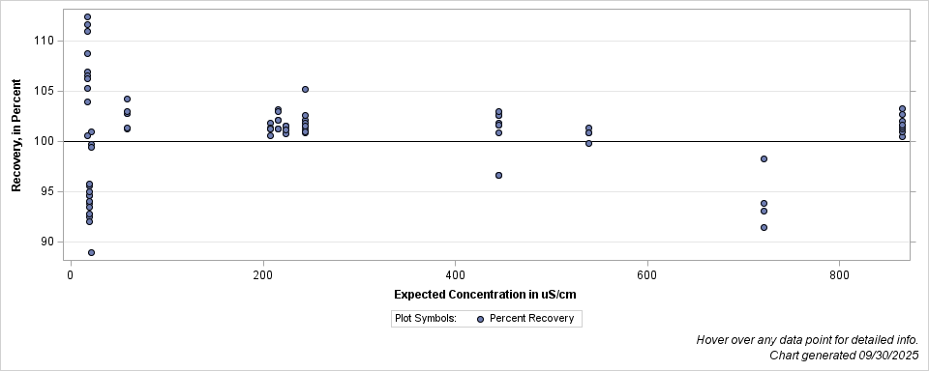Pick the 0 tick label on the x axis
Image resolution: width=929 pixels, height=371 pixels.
[x=70, y=274]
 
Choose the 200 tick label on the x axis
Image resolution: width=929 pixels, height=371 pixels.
[x=262, y=274]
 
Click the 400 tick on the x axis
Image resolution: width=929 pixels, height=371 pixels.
[x=455, y=274]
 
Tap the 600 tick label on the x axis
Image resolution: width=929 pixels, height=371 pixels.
[x=646, y=274]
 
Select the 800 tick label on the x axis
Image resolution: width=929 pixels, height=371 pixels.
[x=839, y=274]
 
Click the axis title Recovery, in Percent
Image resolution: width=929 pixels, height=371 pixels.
[x=16, y=135]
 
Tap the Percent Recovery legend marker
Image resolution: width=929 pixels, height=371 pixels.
[x=480, y=318]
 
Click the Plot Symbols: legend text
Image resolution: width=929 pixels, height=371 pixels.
[x=426, y=318]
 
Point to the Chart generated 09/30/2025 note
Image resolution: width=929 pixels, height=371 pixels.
[x=844, y=355]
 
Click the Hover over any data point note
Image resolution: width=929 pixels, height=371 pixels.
[x=807, y=340]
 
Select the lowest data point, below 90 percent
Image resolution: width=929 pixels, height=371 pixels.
[x=91, y=252]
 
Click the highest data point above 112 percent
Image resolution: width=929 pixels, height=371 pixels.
[x=87, y=16]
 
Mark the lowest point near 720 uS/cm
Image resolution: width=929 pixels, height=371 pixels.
[x=764, y=227]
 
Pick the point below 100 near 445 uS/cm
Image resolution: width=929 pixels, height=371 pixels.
[x=498, y=175]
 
